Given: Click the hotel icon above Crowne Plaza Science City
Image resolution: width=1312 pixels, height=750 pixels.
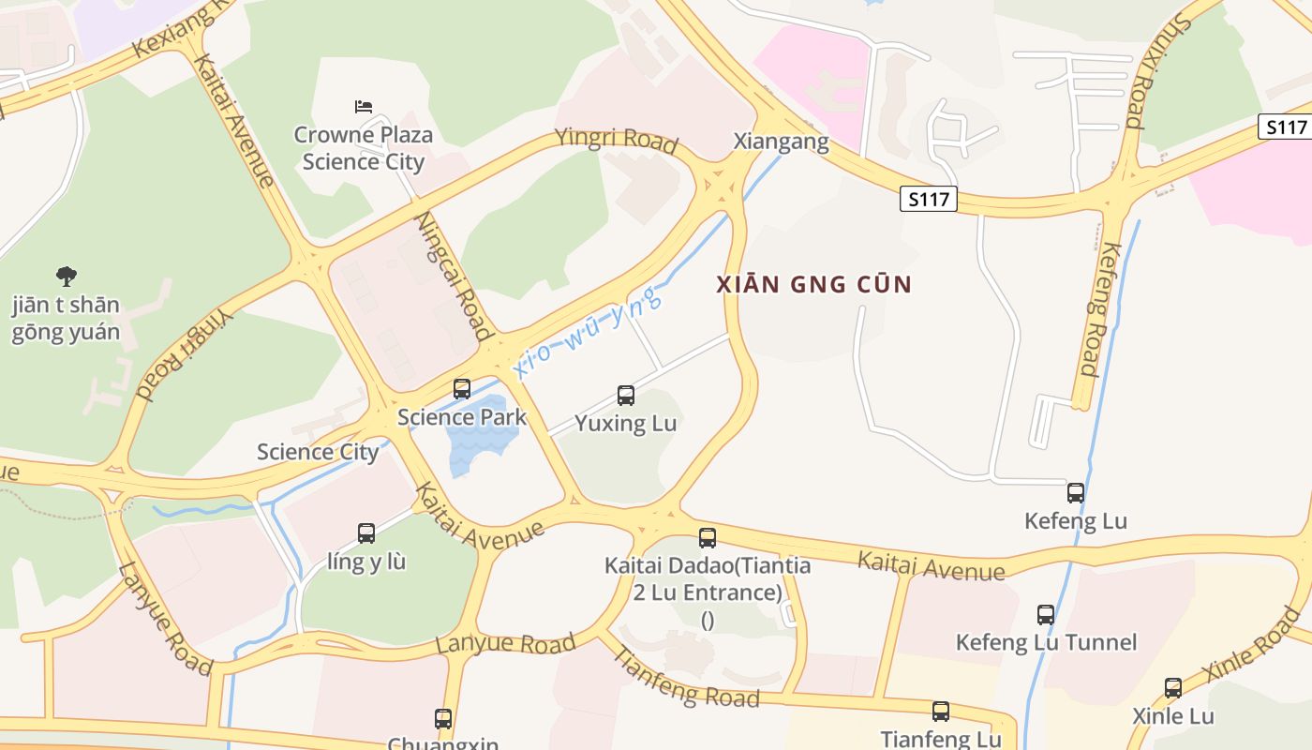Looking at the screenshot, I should tap(364, 106).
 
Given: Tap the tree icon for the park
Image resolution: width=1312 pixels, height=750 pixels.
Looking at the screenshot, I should tap(66, 276).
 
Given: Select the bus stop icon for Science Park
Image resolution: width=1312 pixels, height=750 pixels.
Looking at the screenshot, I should tap(462, 388).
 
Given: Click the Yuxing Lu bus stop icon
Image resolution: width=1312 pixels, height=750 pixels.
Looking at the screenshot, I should tap(626, 396).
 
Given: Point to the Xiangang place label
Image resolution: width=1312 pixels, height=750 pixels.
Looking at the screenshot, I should tap(781, 142).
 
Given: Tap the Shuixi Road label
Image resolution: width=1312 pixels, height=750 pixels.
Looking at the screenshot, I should tap(1154, 70).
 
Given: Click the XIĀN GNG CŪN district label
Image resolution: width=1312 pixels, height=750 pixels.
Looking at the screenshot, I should tap(814, 285).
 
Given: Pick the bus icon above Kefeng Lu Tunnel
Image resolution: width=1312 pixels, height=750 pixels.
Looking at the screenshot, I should tap(1046, 615).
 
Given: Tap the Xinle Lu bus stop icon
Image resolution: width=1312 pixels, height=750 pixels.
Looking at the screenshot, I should tap(1173, 688).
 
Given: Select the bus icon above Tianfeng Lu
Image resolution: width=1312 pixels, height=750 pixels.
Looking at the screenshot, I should tap(941, 712).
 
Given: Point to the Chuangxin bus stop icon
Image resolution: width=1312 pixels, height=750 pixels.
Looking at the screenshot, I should tap(443, 719).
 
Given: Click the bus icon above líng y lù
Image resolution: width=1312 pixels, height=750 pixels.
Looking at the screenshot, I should tap(366, 533).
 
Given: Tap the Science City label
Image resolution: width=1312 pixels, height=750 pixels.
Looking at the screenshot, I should tap(318, 452).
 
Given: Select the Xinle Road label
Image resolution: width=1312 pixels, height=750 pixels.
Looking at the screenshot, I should tap(1252, 645).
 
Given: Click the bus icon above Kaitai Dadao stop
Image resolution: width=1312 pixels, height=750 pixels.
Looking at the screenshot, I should tap(708, 538).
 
